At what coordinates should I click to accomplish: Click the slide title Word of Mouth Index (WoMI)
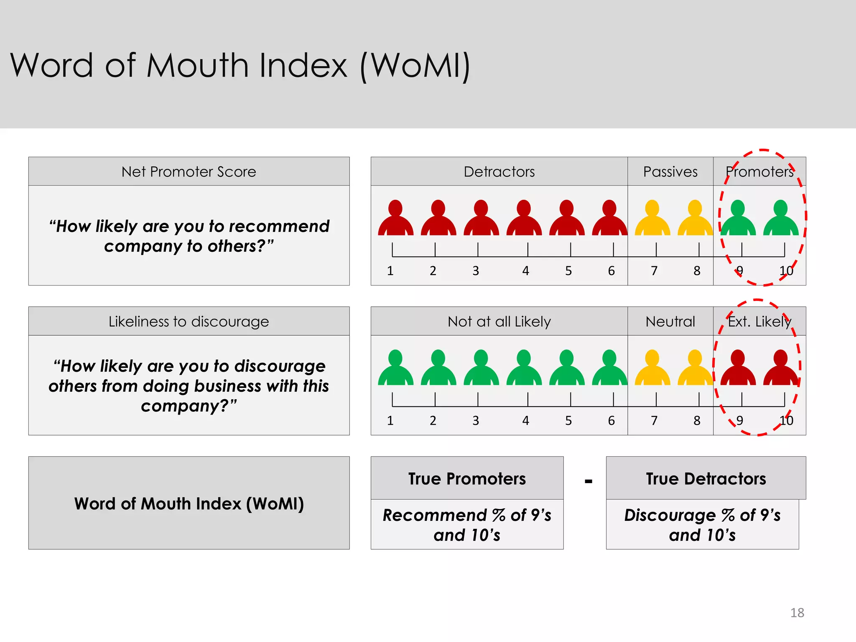tap(240, 66)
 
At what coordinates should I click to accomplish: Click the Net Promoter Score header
tap(189, 172)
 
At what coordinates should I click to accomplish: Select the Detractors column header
tap(499, 172)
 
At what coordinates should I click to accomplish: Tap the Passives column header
tap(670, 172)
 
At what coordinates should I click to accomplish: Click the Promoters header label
tap(759, 172)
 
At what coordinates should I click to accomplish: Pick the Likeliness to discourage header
tap(189, 321)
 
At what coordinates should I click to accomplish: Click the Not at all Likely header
tap(499, 321)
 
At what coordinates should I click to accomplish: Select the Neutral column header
tap(670, 321)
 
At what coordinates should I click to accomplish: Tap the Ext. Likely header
tap(759, 321)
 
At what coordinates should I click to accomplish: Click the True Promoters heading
tap(467, 479)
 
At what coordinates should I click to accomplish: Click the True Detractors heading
tap(706, 479)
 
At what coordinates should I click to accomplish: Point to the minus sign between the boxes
tap(588, 481)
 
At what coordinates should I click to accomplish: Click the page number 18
tap(797, 613)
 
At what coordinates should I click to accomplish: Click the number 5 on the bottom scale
tap(568, 420)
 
